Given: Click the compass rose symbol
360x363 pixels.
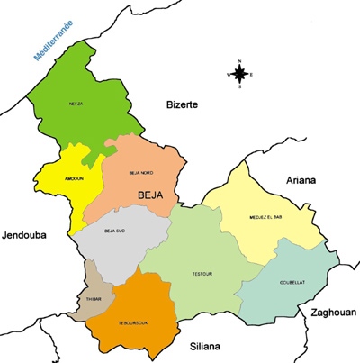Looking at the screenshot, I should [240, 75].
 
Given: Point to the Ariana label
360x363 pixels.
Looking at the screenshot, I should [301, 180].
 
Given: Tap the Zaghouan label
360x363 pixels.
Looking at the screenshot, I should [333, 312].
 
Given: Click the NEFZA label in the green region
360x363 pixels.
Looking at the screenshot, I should [76, 104].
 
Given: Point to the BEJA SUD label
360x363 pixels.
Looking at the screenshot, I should [114, 232].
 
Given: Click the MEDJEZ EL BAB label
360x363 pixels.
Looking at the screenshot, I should [266, 218].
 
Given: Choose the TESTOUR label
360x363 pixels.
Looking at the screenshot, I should [201, 273].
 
